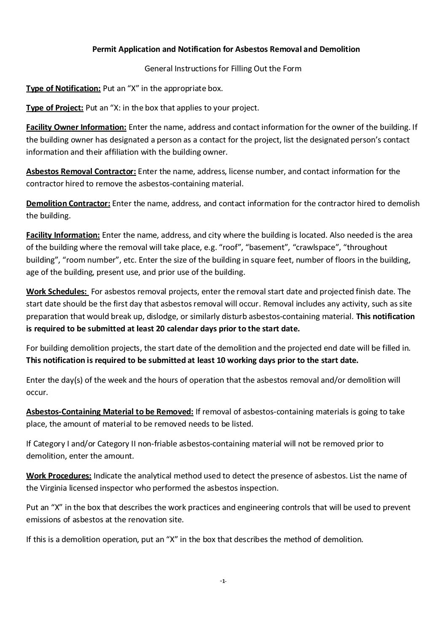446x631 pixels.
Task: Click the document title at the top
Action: (226, 49)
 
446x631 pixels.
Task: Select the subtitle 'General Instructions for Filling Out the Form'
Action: (223, 68)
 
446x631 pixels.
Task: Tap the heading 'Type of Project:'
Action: (54, 108)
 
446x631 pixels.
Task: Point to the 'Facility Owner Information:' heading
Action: (76, 127)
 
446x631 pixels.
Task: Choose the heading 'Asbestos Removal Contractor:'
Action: (81, 172)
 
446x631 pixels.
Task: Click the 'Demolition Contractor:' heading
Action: (68, 204)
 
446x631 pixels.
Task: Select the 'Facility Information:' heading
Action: (63, 235)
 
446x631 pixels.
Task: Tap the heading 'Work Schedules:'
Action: (57, 292)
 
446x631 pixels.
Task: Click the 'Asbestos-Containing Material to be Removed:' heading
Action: (110, 412)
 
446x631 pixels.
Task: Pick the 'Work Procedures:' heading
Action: (59, 476)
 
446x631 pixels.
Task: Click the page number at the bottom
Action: (223, 582)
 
